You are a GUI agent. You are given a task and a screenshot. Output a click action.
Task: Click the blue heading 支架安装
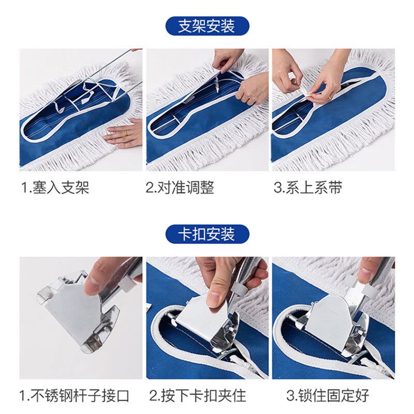(x=207, y=26)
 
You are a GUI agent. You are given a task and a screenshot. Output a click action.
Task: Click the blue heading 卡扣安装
(x=207, y=234)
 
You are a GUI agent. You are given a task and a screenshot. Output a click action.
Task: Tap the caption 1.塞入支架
(x=55, y=187)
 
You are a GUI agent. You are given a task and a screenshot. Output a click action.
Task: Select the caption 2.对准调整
(x=180, y=187)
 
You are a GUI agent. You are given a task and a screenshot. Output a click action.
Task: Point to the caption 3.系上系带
(x=308, y=187)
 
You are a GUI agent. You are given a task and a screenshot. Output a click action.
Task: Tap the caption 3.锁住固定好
(x=327, y=396)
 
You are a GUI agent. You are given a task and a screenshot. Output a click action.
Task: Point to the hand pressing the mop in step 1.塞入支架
(x=124, y=134)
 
